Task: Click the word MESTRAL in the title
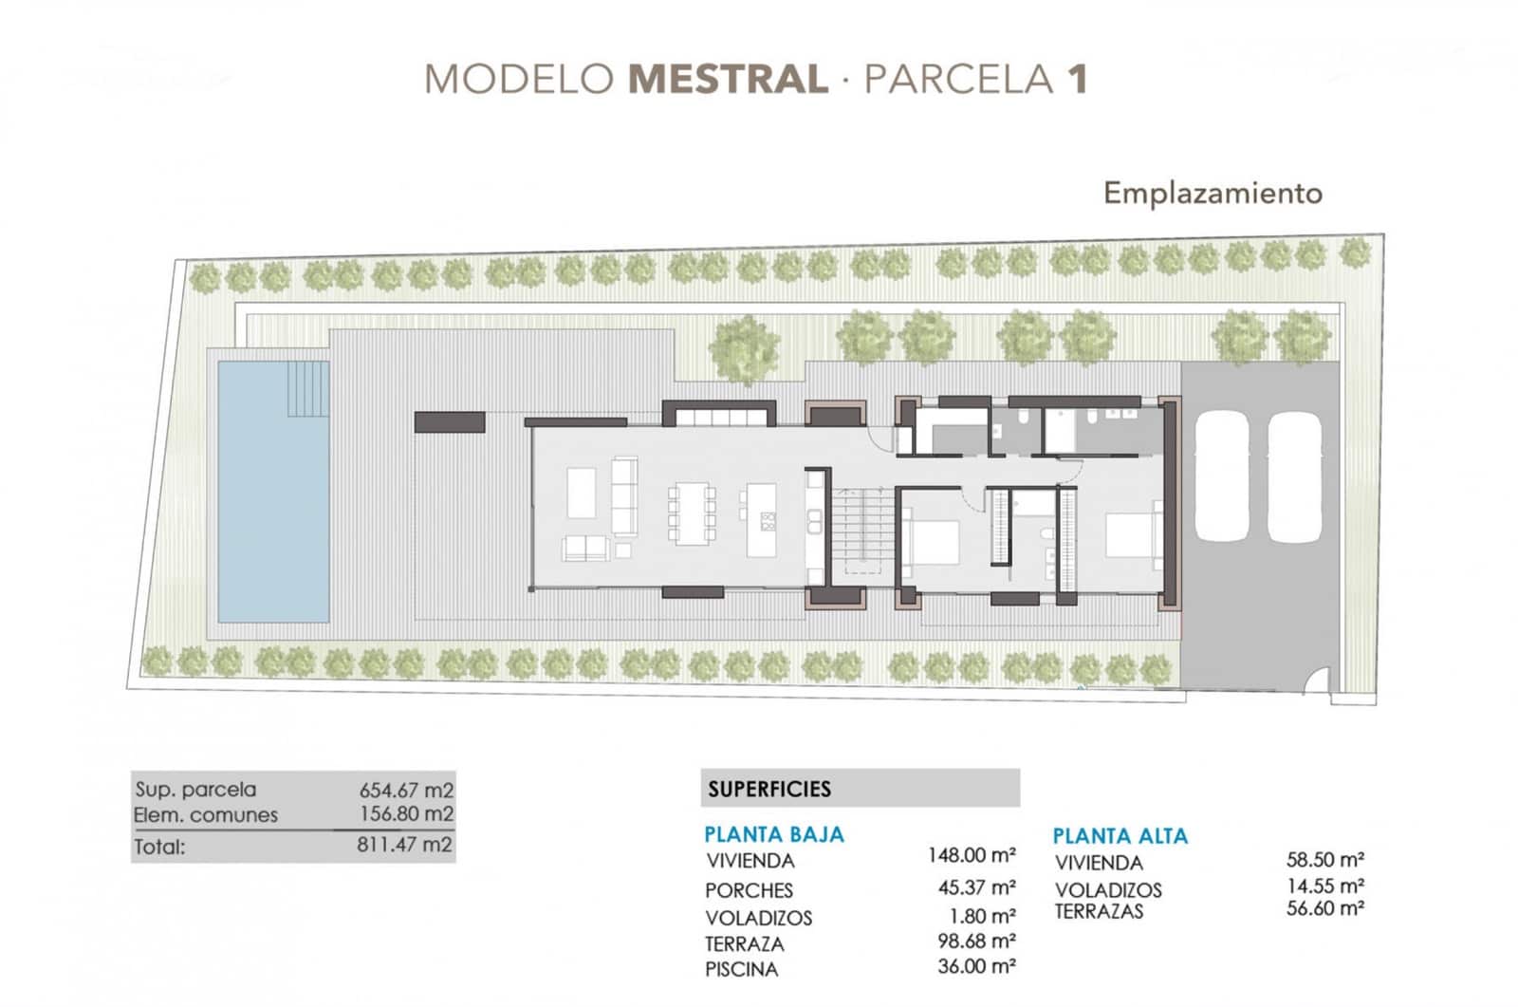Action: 728,79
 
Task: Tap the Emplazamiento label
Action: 1212,193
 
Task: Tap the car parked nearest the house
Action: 1220,476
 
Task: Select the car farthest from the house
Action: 1294,476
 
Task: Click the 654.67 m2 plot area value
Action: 406,790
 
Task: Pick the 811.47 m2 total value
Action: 404,845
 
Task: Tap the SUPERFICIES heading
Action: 768,789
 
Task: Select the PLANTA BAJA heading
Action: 773,835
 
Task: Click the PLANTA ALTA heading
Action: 1120,836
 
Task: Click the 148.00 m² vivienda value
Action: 972,855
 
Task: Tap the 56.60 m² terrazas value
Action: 1324,908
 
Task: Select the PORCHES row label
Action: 749,890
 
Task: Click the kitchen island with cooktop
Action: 762,520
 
